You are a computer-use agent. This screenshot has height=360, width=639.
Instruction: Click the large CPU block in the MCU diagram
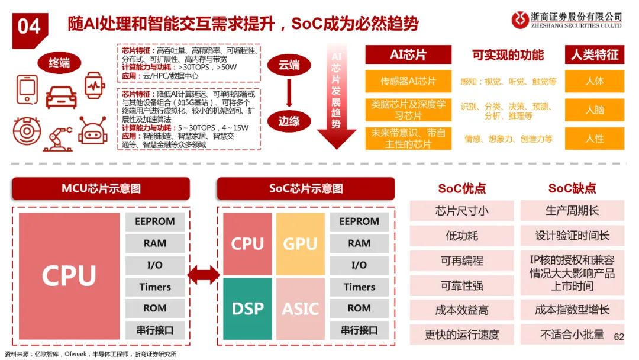pos(69,275)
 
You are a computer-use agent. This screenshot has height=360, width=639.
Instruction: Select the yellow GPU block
pos(300,243)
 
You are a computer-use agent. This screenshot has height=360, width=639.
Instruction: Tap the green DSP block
pos(247,309)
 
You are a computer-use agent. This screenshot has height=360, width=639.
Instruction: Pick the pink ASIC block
pos(300,309)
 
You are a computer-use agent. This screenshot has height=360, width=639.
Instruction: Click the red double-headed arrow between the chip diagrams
pos(203,275)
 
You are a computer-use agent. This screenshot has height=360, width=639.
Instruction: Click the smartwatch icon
pos(93,85)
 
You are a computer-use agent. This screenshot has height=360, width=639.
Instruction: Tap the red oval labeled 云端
pos(289,66)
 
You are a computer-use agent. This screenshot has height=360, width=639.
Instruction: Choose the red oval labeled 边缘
pos(289,121)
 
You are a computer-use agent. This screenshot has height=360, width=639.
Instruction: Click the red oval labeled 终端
pos(59,63)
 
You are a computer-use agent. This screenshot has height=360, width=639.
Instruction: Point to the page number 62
pos(619,336)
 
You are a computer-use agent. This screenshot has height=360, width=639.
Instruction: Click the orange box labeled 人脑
pos(595,110)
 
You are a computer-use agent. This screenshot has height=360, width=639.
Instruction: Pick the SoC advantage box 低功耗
pos(461,236)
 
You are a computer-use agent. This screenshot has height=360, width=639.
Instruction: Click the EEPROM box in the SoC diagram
pos(359,221)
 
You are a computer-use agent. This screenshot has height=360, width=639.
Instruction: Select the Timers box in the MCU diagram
pos(155,287)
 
